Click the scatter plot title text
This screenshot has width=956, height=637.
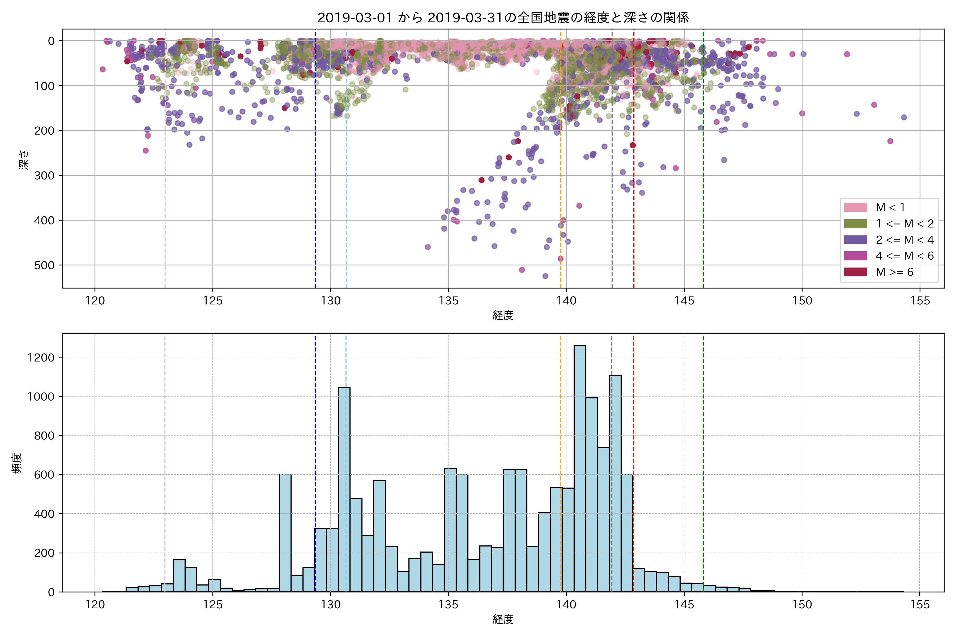[503, 18]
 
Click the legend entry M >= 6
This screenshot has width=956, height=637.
[894, 272]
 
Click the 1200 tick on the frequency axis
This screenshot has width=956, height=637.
[41, 358]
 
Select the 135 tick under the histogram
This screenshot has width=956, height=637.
[448, 605]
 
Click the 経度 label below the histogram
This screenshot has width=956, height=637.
[503, 619]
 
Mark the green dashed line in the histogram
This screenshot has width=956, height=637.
[703, 447]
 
